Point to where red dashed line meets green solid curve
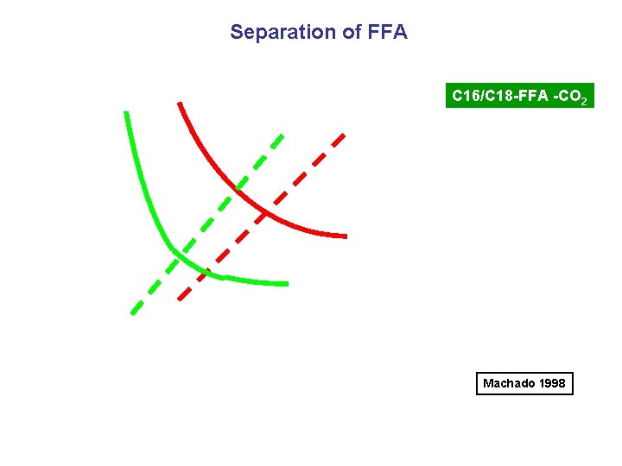coord(207,274)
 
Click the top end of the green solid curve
coord(126,113)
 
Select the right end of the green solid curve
coord(286,283)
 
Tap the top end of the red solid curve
coord(179,104)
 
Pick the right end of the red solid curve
coord(345,236)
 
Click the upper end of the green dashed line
coord(282,135)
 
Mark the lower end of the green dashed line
coord(132,313)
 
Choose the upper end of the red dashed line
coord(344,135)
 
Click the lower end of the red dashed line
coord(179,299)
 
